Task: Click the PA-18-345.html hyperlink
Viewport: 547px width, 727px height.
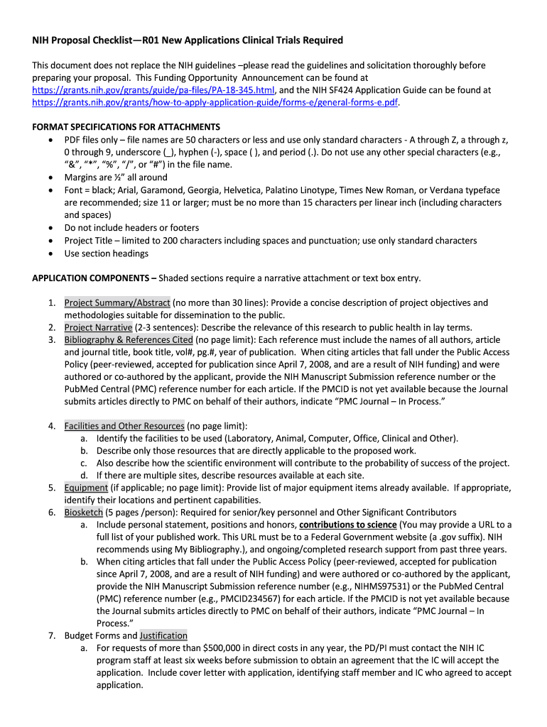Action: point(153,90)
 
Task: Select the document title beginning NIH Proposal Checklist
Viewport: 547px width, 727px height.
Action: point(177,40)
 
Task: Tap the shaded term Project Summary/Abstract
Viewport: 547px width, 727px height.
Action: point(117,302)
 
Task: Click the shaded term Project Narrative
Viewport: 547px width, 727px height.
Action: point(98,327)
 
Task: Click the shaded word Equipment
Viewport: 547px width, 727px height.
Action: point(86,488)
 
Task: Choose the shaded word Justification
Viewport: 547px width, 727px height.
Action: point(163,635)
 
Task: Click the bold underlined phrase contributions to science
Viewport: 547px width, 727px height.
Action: point(348,525)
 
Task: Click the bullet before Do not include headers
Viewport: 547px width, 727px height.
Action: point(49,228)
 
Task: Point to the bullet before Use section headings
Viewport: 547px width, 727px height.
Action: point(49,253)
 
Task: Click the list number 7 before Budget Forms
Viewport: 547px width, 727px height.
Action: point(52,635)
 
